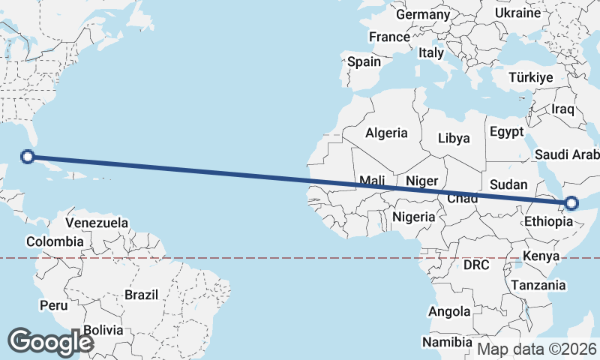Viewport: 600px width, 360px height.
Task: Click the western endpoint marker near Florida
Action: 28,157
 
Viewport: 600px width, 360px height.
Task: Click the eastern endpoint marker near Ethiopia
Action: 572,202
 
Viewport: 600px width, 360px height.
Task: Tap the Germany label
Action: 422,15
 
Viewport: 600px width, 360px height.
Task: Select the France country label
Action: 389,37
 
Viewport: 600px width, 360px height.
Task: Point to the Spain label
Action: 364,61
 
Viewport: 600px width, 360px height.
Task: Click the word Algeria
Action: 386,133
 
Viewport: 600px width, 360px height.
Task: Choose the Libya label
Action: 454,138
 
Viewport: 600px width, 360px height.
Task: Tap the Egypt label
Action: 506,132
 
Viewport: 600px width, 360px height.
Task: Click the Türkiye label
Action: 530,77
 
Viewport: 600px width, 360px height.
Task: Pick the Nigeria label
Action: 413,217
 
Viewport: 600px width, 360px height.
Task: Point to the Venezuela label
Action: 97,223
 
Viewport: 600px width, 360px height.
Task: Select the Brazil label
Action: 141,295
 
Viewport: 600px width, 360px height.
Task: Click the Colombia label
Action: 55,241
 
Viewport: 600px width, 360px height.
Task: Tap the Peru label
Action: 53,305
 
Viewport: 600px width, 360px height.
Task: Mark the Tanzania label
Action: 538,286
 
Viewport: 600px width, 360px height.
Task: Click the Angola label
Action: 449,311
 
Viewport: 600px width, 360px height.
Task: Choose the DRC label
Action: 476,265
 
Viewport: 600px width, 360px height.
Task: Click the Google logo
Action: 50,342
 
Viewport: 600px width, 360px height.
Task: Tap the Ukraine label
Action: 517,13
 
